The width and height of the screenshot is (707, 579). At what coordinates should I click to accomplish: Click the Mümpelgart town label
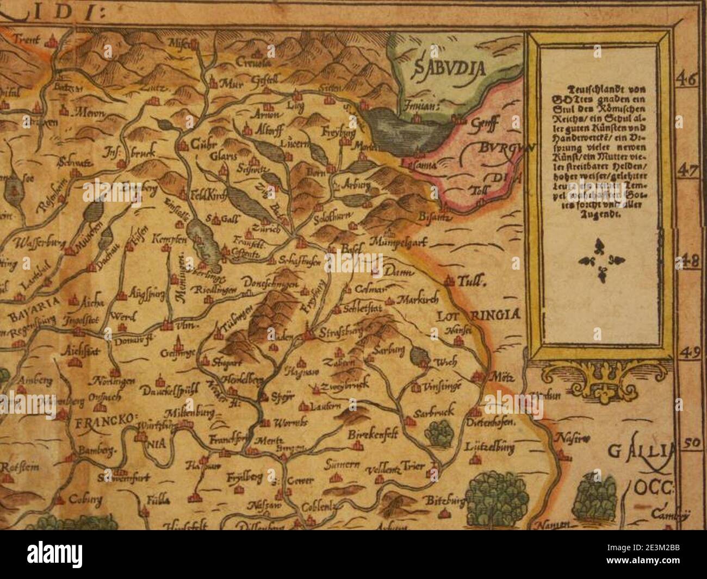[400, 242]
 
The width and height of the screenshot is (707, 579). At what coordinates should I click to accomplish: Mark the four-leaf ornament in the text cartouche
[600, 260]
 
